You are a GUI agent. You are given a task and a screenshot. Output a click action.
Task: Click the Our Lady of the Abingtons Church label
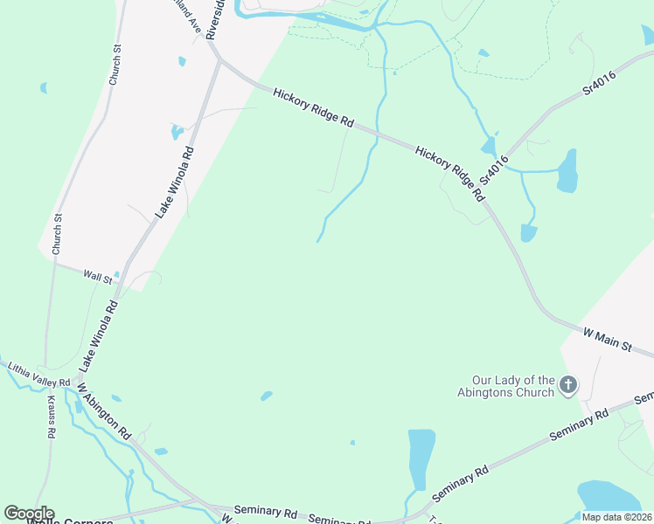[x=513, y=386]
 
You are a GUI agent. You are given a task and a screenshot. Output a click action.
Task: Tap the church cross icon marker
[x=568, y=385]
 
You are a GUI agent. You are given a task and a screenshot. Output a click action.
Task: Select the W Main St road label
[x=607, y=340]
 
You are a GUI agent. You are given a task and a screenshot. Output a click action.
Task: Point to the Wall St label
[x=98, y=276]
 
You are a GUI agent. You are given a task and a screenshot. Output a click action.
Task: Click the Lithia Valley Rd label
[x=38, y=377]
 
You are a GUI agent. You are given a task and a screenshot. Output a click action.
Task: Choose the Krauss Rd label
[x=51, y=420]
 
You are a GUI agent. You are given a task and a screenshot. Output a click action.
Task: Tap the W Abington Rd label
[x=104, y=411]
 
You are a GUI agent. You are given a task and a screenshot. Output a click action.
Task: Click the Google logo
[x=28, y=514]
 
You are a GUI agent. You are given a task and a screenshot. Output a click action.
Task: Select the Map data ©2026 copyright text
[x=617, y=517]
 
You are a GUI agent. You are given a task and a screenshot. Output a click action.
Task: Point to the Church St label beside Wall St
[x=58, y=234]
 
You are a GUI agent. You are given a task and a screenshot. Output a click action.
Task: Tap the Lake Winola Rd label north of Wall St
[x=175, y=182]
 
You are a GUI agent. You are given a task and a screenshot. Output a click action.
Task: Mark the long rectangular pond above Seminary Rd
[x=421, y=458]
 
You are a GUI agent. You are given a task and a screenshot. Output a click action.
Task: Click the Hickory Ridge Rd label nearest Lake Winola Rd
[x=312, y=108]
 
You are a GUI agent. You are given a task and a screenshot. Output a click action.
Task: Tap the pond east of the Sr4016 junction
[x=567, y=171]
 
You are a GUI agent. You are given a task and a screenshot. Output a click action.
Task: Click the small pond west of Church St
[x=44, y=88]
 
